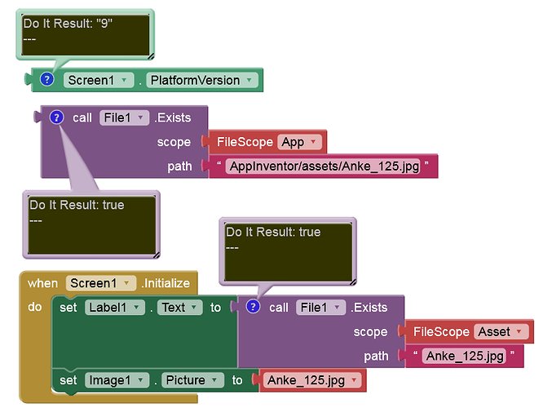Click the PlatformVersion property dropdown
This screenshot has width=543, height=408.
point(202,80)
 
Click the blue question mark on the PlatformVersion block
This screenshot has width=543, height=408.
point(46,79)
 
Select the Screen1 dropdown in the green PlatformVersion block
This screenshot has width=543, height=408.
point(98,80)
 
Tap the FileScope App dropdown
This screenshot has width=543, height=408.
point(299,142)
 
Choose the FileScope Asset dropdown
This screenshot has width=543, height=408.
point(501,332)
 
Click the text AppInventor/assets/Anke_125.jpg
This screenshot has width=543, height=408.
point(324,166)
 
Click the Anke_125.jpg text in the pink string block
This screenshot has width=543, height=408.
point(465,356)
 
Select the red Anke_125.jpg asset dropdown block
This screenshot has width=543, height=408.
point(312,380)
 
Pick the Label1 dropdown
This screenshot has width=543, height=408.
point(115,308)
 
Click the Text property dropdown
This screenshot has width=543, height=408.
point(179,308)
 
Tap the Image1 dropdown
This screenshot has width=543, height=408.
point(117,380)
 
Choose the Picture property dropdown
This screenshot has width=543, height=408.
point(192,380)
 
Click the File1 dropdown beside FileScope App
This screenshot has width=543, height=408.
point(124,118)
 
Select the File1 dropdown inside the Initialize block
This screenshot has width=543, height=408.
point(320,308)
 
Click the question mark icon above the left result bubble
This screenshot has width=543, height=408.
point(56,118)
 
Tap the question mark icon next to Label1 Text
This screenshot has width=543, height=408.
point(253,307)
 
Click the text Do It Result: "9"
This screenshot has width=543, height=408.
point(68,24)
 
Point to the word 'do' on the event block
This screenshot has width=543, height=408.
point(34,307)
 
